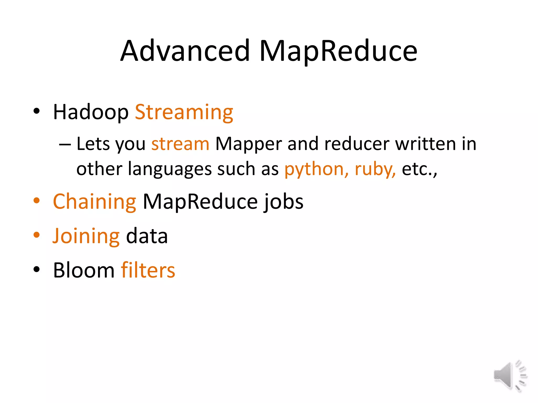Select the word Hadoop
[91, 112]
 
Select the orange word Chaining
[95, 201]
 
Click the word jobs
[283, 201]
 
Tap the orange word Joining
[86, 236]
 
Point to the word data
[147, 236]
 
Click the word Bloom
[84, 270]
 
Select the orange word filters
[148, 270]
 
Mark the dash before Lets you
[65, 145]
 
